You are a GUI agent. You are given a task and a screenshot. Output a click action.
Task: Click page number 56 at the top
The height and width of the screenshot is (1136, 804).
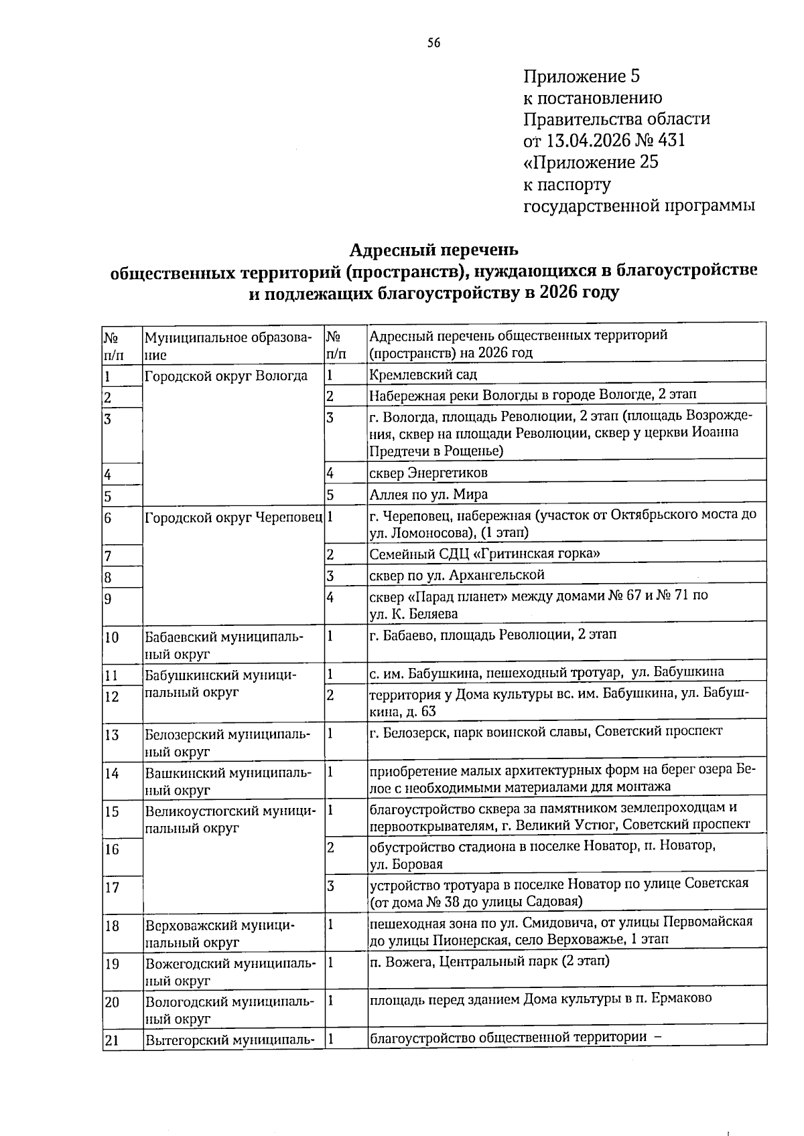433,44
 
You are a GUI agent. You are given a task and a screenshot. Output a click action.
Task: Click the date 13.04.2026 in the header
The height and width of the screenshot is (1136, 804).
584,141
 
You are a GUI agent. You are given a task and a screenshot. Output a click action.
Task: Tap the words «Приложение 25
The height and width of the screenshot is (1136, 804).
590,163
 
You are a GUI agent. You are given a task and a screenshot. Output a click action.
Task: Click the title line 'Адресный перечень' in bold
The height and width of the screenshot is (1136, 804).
434,250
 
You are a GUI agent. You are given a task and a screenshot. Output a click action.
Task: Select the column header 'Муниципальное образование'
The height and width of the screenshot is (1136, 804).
228,345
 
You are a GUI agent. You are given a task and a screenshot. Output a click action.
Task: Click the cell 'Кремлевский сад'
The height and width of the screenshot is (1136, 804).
423,374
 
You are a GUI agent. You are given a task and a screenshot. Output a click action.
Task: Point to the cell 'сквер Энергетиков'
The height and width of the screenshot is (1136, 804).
428,473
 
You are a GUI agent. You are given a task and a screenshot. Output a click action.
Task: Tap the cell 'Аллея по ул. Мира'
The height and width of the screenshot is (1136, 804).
428,495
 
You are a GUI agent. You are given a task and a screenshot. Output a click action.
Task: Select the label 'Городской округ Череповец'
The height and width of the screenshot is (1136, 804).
233,517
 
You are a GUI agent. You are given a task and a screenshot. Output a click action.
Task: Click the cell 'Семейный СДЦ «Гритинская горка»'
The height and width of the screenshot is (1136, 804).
484,554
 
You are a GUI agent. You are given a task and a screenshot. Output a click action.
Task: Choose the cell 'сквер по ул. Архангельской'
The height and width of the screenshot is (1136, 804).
457,575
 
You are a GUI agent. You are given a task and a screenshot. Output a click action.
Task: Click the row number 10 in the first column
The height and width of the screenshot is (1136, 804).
111,637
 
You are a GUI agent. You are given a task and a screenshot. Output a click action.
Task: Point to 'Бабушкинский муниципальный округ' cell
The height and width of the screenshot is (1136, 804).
220,683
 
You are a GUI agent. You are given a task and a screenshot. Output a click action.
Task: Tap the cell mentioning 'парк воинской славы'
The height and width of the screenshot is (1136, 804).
545,731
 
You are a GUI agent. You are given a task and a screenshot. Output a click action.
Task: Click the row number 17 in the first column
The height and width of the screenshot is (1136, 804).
111,888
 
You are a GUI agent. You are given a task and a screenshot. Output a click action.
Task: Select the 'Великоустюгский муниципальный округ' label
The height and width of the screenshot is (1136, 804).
230,820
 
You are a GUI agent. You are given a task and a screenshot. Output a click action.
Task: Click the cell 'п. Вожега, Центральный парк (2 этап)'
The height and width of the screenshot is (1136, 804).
489,961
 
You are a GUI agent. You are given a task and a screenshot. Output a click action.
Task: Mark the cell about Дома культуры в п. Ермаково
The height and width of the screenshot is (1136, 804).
540,999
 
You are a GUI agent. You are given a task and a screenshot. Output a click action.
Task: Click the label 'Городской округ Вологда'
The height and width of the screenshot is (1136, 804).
226,376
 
